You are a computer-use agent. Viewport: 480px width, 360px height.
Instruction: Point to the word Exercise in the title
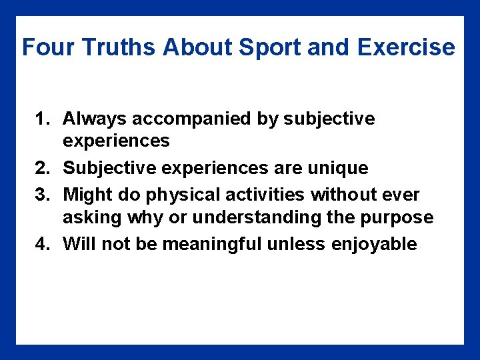coord(406,48)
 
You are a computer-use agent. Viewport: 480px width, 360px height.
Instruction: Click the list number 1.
coord(42,119)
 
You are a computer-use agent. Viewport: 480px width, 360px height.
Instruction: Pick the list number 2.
coord(42,168)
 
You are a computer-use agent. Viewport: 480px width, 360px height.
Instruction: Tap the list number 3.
coord(42,195)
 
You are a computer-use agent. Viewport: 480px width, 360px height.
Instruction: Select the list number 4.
coord(42,245)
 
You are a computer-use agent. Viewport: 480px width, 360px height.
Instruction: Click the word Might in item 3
coord(85,195)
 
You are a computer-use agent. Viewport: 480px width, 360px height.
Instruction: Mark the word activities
coord(260,195)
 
